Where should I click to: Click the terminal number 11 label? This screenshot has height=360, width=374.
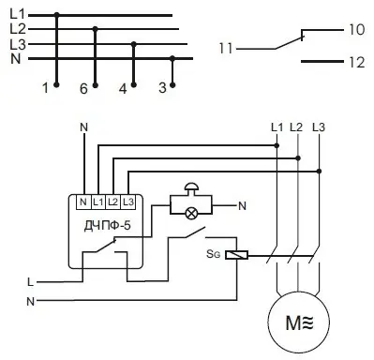[226, 49]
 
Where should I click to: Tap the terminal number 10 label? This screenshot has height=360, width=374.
[356, 30]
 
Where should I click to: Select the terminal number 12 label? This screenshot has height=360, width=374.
[356, 63]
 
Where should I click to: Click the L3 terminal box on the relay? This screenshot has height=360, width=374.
[128, 202]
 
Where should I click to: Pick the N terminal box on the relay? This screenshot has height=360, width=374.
[83, 202]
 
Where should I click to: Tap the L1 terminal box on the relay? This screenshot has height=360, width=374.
[98, 202]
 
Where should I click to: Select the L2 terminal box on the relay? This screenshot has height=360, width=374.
[113, 202]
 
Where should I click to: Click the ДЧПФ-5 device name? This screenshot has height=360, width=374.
[107, 226]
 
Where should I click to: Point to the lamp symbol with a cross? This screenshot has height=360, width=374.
[190, 214]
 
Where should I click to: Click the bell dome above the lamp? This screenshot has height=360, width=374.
[190, 187]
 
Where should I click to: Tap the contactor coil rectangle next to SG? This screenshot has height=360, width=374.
[237, 255]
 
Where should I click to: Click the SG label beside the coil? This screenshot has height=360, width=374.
[214, 254]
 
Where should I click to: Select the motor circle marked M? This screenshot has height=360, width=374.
[299, 322]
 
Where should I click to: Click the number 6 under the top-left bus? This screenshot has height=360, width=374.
[83, 89]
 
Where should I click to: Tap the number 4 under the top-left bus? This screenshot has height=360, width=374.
[123, 89]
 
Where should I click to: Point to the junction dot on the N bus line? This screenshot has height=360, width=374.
[172, 58]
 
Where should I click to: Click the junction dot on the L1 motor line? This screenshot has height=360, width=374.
[277, 145]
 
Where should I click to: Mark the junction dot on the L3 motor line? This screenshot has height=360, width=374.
[319, 172]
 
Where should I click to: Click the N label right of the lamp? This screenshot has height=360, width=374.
[242, 206]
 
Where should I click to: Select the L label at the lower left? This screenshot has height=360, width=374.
[30, 282]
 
